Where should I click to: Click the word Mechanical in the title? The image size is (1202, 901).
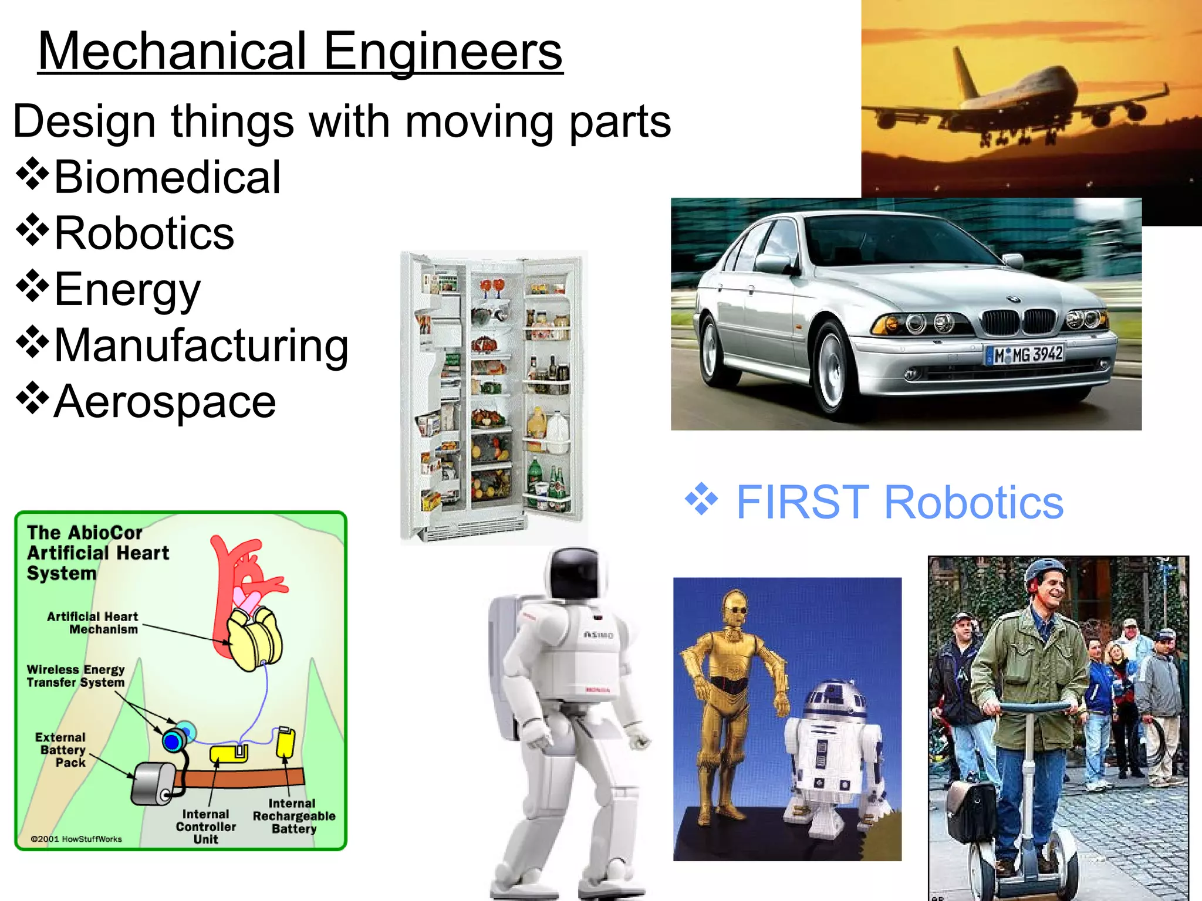[x=173, y=52]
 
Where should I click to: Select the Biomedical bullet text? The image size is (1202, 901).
[x=167, y=177]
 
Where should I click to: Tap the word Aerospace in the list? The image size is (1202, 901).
[x=165, y=402]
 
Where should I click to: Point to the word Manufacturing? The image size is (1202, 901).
[x=201, y=346]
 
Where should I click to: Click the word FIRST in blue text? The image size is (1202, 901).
[x=802, y=503]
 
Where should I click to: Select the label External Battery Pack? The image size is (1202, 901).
[x=61, y=750]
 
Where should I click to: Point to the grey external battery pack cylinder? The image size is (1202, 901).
[x=154, y=784]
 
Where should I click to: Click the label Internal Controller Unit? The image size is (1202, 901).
[x=205, y=827]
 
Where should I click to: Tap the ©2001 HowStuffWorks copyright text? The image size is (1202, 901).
[x=76, y=839]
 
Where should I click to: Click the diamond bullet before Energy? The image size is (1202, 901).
[x=32, y=286]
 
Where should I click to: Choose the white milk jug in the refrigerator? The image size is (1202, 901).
[x=558, y=431]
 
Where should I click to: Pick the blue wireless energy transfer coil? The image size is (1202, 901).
[x=173, y=741]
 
